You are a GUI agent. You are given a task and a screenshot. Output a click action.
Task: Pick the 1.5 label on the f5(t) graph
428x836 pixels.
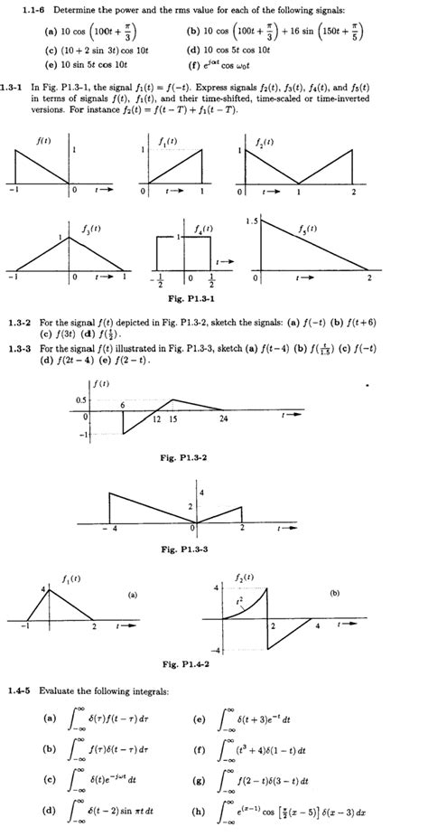tap(251, 221)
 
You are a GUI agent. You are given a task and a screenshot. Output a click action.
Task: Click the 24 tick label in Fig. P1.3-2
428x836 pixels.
tap(224, 420)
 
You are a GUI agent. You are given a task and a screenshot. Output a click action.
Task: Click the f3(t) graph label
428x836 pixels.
tap(86, 230)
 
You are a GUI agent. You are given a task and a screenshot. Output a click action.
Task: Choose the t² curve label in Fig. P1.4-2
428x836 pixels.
tap(237, 598)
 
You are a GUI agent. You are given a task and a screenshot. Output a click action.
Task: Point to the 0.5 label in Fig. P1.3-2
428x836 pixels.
tap(80, 399)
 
